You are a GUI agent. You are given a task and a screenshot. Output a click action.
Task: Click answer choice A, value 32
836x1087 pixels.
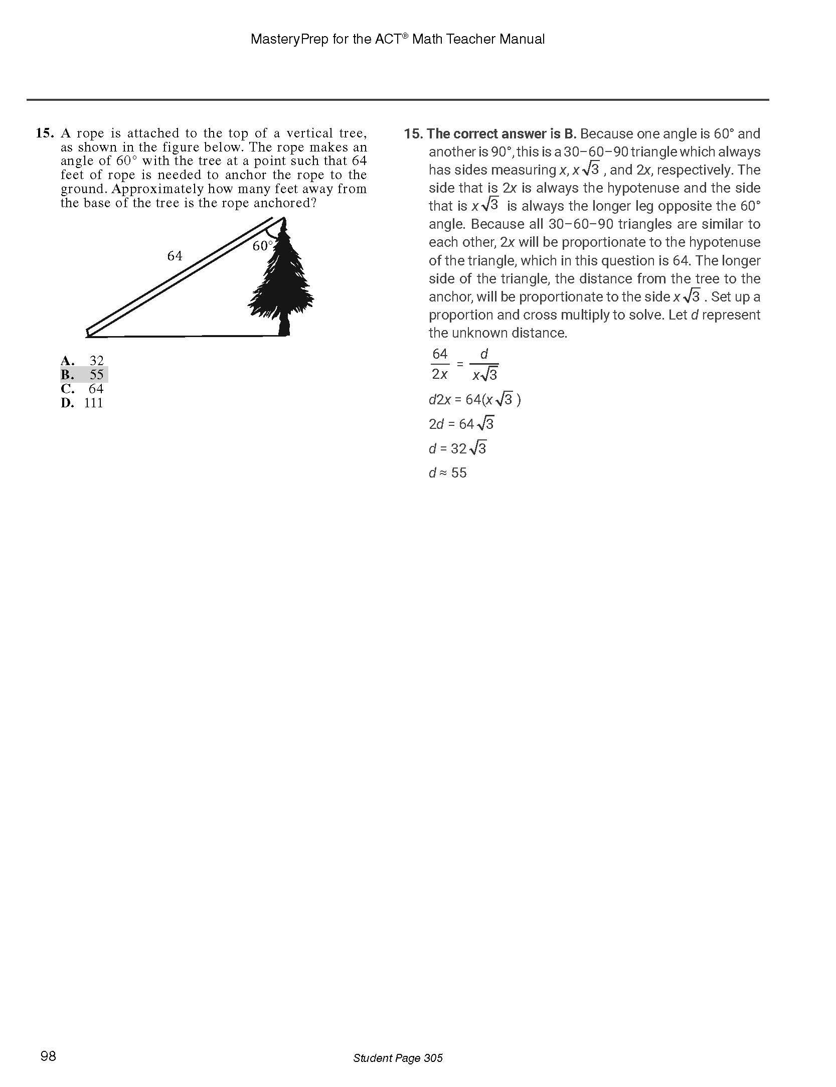(83, 361)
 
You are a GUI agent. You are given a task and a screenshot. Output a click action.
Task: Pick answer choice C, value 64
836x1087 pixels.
(83, 389)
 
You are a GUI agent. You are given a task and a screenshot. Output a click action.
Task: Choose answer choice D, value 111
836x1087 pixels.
(82, 403)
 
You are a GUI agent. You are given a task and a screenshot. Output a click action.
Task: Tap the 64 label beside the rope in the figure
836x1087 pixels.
(175, 256)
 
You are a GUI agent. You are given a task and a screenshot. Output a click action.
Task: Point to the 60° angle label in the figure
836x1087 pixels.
(262, 246)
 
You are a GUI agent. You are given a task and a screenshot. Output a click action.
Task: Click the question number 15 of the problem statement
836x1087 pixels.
(44, 133)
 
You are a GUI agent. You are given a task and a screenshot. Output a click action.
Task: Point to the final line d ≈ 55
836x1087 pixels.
(447, 473)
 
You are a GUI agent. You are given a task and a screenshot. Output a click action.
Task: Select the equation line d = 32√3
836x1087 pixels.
(457, 448)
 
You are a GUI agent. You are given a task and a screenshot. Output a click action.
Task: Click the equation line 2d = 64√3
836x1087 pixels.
(461, 424)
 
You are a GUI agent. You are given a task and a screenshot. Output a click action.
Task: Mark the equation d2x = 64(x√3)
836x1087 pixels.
(474, 400)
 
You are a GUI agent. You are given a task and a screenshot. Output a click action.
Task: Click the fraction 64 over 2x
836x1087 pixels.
(440, 364)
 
